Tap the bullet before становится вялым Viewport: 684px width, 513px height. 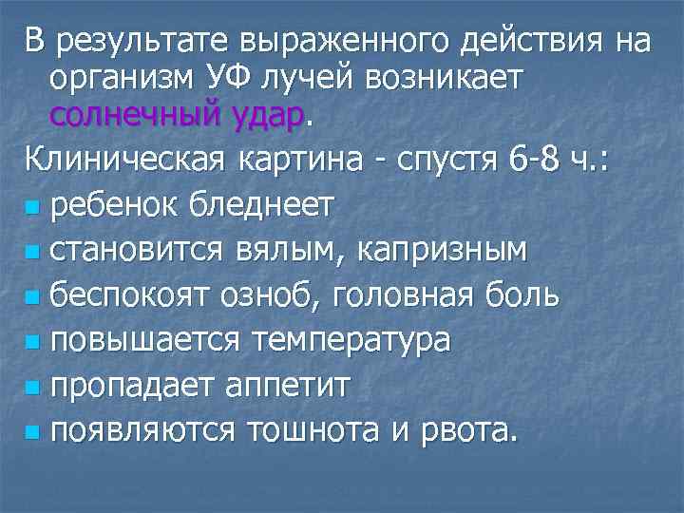(34, 253)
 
